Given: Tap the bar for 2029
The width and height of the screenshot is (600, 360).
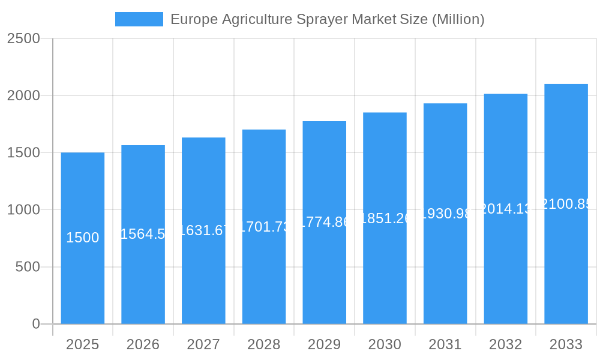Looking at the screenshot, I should point(325,270).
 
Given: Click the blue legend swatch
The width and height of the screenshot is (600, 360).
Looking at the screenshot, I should point(139,19).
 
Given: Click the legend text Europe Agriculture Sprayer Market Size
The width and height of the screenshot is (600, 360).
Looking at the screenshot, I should point(327,19).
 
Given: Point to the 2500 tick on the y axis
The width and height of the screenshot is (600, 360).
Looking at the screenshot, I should point(23,38).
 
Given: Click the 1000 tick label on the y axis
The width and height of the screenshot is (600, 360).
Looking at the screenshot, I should point(23,210).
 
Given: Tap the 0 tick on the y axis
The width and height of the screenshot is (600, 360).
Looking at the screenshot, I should point(35,324).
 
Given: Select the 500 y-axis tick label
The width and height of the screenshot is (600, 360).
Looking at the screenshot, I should point(28,267).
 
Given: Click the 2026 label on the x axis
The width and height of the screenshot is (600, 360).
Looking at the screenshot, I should point(143,344).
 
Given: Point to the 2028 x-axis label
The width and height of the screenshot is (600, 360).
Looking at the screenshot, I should point(264,344).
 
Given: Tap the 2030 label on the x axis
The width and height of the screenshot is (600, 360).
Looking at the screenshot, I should point(385,344).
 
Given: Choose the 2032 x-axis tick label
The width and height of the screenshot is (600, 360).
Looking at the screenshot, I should point(505,344).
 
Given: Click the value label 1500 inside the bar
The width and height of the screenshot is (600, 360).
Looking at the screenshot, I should point(83,238).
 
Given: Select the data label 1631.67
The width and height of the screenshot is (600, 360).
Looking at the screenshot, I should point(203,230).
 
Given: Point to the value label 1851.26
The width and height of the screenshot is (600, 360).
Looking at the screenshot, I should point(385,218).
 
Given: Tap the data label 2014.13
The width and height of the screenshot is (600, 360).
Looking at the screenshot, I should point(505,209).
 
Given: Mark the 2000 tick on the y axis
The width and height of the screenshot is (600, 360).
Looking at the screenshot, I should point(23,95).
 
